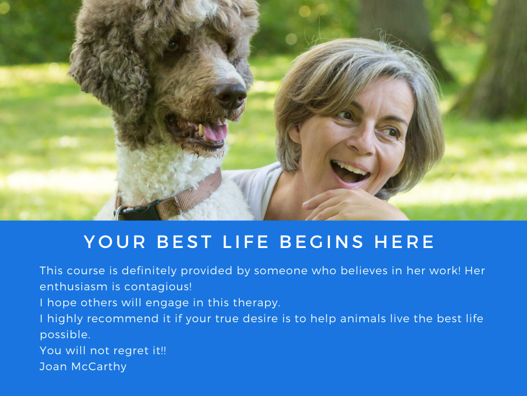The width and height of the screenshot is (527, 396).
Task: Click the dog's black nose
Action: (231, 95)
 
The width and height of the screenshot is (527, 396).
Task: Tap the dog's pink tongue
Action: (214, 131)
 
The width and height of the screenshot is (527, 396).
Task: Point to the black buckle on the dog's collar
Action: (138, 211)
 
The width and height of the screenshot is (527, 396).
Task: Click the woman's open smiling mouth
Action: (349, 172)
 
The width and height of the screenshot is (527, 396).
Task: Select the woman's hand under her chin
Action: (349, 205)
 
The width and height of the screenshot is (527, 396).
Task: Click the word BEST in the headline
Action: (184, 242)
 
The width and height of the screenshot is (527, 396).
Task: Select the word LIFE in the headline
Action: (245, 242)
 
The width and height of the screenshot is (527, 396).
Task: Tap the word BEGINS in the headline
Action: (322, 242)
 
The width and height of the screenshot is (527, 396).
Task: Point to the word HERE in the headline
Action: (405, 242)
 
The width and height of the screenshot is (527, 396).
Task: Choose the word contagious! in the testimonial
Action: (158, 287)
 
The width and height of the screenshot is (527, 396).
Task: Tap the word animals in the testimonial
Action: (363, 319)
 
